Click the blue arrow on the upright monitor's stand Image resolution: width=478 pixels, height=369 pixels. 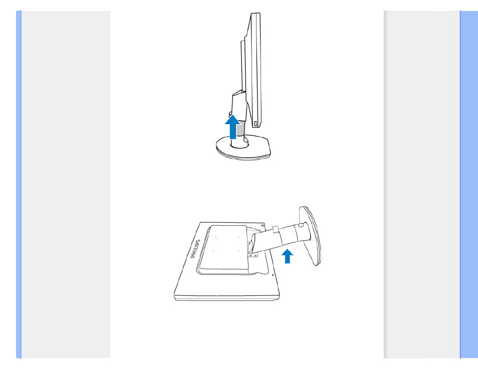[x=232, y=127]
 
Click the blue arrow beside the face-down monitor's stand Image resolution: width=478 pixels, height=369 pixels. [x=287, y=256]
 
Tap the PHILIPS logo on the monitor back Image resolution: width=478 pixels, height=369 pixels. [x=195, y=249]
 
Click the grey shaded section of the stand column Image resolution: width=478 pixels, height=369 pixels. [x=240, y=128]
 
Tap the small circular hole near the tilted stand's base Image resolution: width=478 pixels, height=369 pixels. [x=301, y=225]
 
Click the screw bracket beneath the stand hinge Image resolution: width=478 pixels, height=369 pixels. [x=253, y=255]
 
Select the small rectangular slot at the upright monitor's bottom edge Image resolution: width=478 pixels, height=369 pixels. [x=256, y=124]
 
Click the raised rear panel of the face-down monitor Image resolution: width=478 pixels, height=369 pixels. [x=224, y=247]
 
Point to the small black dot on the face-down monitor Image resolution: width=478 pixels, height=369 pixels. [x=273, y=275]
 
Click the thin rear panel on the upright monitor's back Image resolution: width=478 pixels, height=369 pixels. [x=243, y=66]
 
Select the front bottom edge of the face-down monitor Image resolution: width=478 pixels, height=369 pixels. [x=227, y=298]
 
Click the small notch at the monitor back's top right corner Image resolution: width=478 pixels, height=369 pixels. [x=263, y=225]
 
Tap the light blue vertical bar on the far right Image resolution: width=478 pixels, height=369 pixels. [x=469, y=184]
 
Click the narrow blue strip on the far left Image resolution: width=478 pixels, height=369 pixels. [x=19, y=184]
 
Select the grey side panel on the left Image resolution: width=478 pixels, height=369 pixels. [x=66, y=184]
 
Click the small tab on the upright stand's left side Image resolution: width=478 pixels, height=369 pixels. [x=230, y=115]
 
